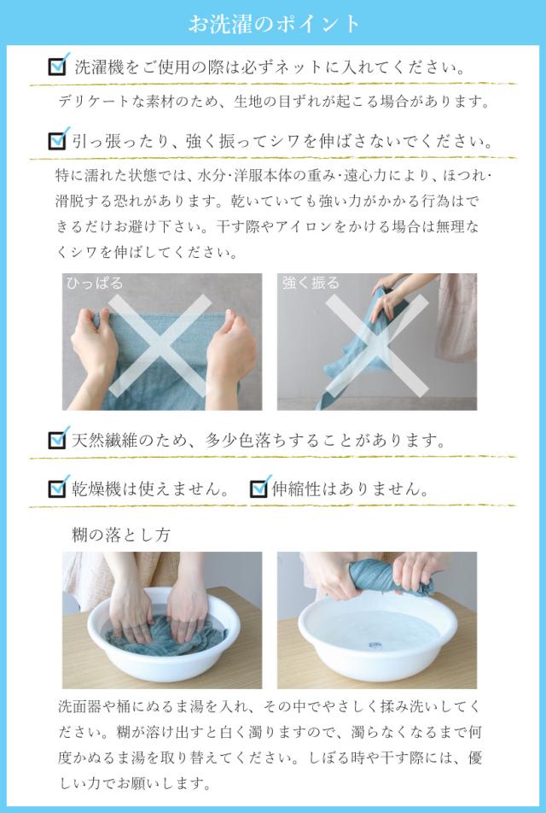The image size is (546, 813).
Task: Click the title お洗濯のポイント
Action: [x=274, y=24]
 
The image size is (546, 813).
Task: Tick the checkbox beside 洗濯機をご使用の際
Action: [x=58, y=66]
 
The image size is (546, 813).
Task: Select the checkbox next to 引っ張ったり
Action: [x=58, y=139]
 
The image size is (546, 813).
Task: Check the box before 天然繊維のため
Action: [x=58, y=439]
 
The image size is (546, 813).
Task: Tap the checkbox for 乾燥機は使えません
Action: [x=58, y=488]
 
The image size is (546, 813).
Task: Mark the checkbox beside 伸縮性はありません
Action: [x=259, y=488]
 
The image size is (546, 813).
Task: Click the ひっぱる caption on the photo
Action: [x=95, y=284]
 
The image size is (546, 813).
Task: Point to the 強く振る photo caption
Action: [x=311, y=284]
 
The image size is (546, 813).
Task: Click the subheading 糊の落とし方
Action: [x=120, y=535]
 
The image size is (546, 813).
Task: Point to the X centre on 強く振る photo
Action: [x=377, y=345]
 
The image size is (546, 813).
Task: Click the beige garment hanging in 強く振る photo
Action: [x=456, y=316]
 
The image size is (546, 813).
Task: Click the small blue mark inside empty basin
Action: [x=374, y=646]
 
